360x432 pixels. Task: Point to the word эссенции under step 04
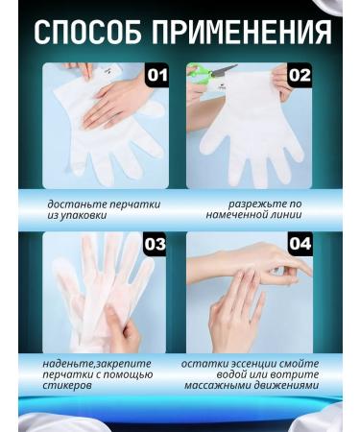tap(251, 363)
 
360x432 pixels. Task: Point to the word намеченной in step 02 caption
tap(237, 216)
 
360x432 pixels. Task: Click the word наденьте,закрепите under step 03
tap(90, 363)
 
